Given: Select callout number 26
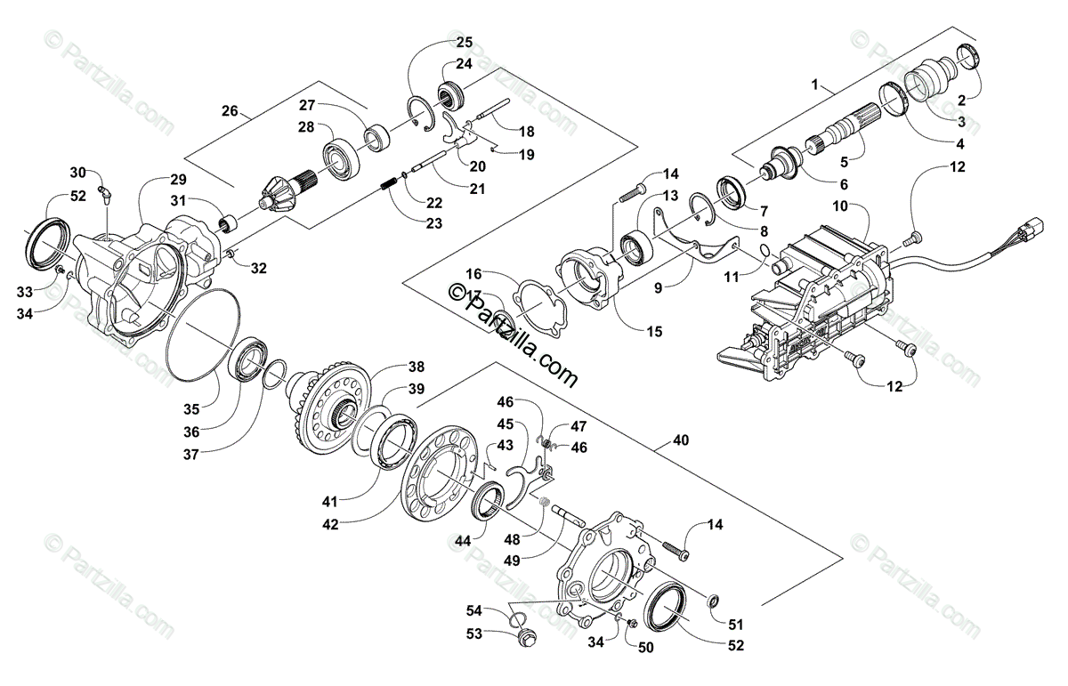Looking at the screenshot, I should (x=230, y=111).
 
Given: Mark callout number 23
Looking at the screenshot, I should (x=433, y=223).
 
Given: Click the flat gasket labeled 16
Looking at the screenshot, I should (x=538, y=307).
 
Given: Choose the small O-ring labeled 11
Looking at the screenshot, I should (x=766, y=257).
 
